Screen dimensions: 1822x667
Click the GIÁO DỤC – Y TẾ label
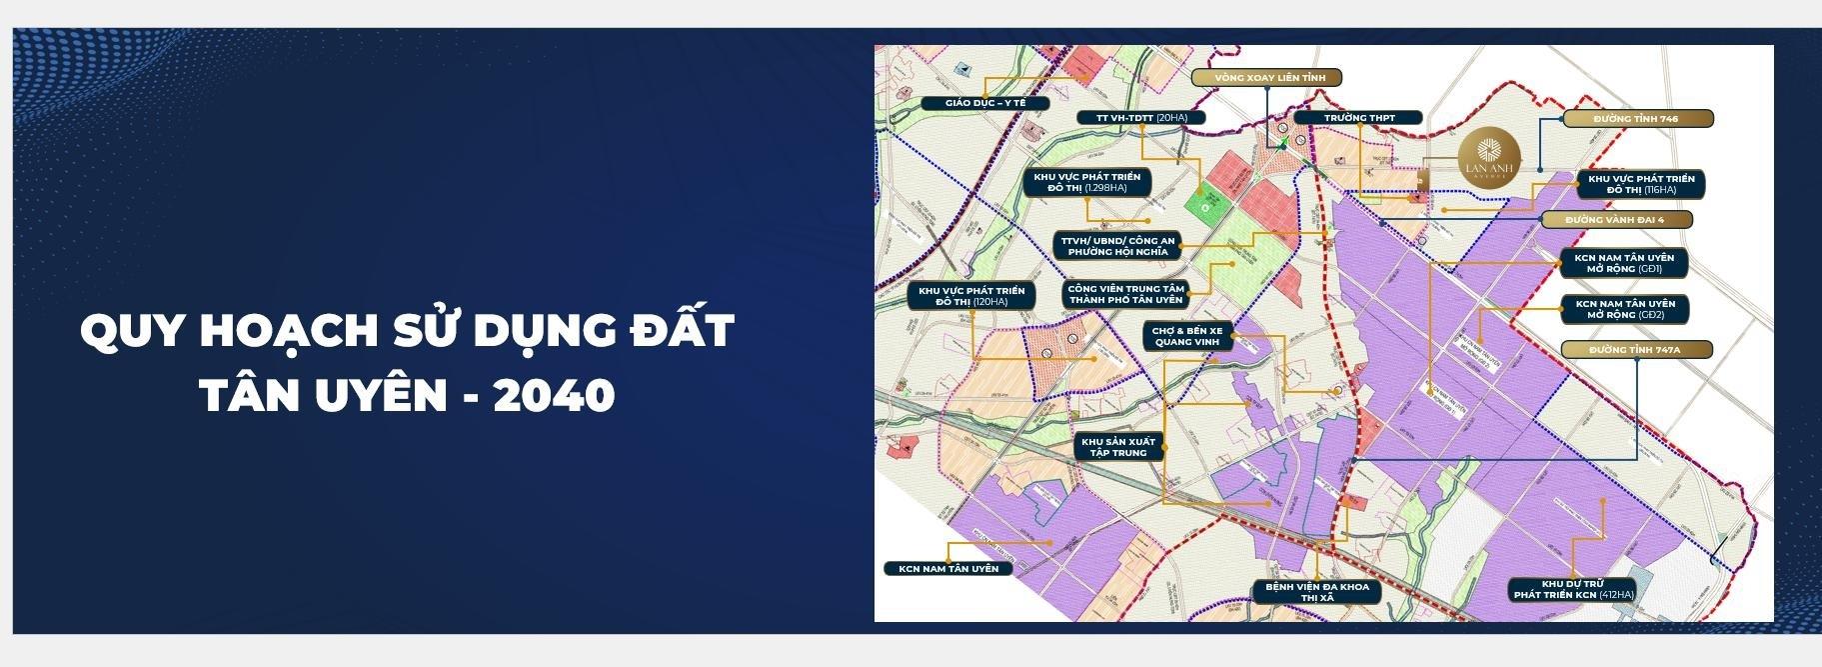970,103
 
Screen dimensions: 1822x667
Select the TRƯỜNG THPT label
1359,118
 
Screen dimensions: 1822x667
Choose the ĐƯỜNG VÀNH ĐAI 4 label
1615,219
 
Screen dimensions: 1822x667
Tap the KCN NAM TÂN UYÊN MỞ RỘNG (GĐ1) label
1624,263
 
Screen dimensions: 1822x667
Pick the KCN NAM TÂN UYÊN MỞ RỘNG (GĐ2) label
1624,309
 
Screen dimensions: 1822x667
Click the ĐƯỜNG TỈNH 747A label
1635,350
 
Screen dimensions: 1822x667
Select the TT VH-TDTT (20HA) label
1141,118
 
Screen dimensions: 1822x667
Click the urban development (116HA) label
1640,184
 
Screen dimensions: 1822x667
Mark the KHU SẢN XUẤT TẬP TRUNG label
1117,447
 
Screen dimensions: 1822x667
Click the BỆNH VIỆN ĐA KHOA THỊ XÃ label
1317,592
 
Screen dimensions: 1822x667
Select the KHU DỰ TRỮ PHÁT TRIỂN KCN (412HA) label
1573,589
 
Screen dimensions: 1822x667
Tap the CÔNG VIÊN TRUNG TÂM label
1124,294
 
